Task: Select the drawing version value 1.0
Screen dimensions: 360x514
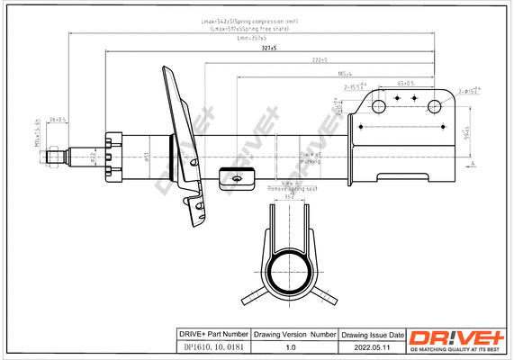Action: tap(290, 345)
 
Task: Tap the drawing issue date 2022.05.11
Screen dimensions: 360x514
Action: tap(371, 345)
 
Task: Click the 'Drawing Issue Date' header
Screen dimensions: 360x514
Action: tap(371, 333)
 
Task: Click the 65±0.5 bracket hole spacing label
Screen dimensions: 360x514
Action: tap(405, 83)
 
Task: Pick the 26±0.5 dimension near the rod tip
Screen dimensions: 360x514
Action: tap(59, 119)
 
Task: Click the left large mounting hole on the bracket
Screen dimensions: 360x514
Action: tap(380, 107)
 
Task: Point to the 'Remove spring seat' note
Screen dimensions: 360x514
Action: tap(293, 190)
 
